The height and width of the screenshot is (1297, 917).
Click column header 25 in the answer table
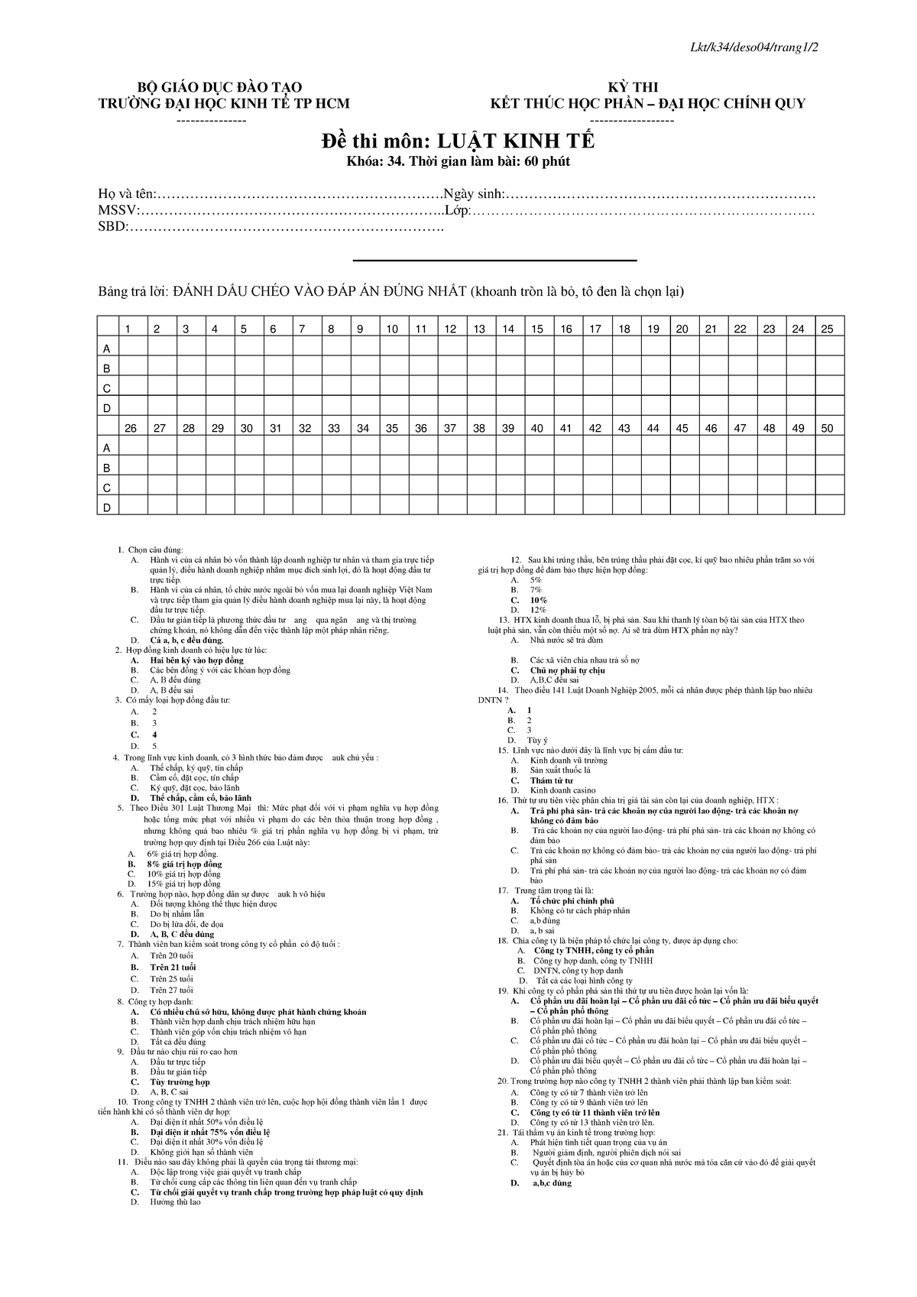coord(827,329)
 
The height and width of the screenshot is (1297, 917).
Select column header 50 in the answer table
coord(827,429)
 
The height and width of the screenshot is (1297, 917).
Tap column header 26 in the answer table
coord(131,429)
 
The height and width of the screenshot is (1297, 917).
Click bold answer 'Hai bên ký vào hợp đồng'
coord(196,660)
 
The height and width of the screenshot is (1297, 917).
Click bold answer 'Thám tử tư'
coord(552,780)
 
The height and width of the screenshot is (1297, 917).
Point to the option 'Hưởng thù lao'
coord(175,1202)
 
